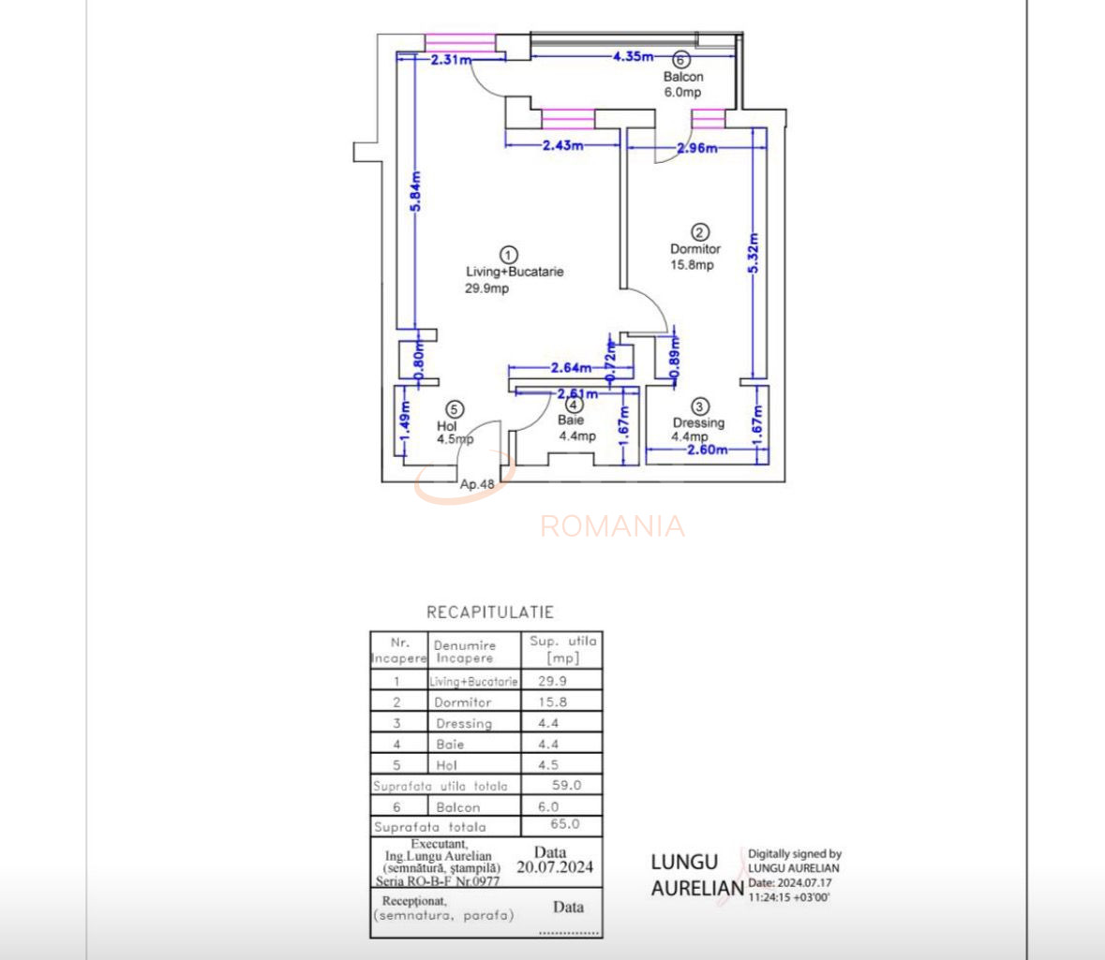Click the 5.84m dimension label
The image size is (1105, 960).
coord(416,191)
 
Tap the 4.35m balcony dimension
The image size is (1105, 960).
coord(633,56)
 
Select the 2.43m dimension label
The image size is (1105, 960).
coord(562,145)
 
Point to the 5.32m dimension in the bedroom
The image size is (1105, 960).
coord(754,252)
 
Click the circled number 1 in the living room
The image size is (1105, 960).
coord(508,254)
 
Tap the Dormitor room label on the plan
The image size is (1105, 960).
coord(695,249)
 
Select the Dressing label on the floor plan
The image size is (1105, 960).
coord(698,422)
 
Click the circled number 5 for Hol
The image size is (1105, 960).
coord(455,408)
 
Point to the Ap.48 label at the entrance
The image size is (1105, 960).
coord(477,484)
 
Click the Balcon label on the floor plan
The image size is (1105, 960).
coord(683,77)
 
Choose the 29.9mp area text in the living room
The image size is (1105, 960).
coord(487,288)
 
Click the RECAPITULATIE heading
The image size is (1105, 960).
coord(490,613)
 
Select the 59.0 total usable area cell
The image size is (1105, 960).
coord(565,785)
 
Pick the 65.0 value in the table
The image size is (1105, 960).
coord(564,824)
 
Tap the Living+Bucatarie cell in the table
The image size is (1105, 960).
coord(473,682)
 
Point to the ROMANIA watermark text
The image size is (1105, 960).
coord(612,526)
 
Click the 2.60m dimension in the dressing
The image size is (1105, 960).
coord(707,449)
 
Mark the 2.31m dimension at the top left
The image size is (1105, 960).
coord(450,60)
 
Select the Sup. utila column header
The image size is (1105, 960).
coord(562,649)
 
